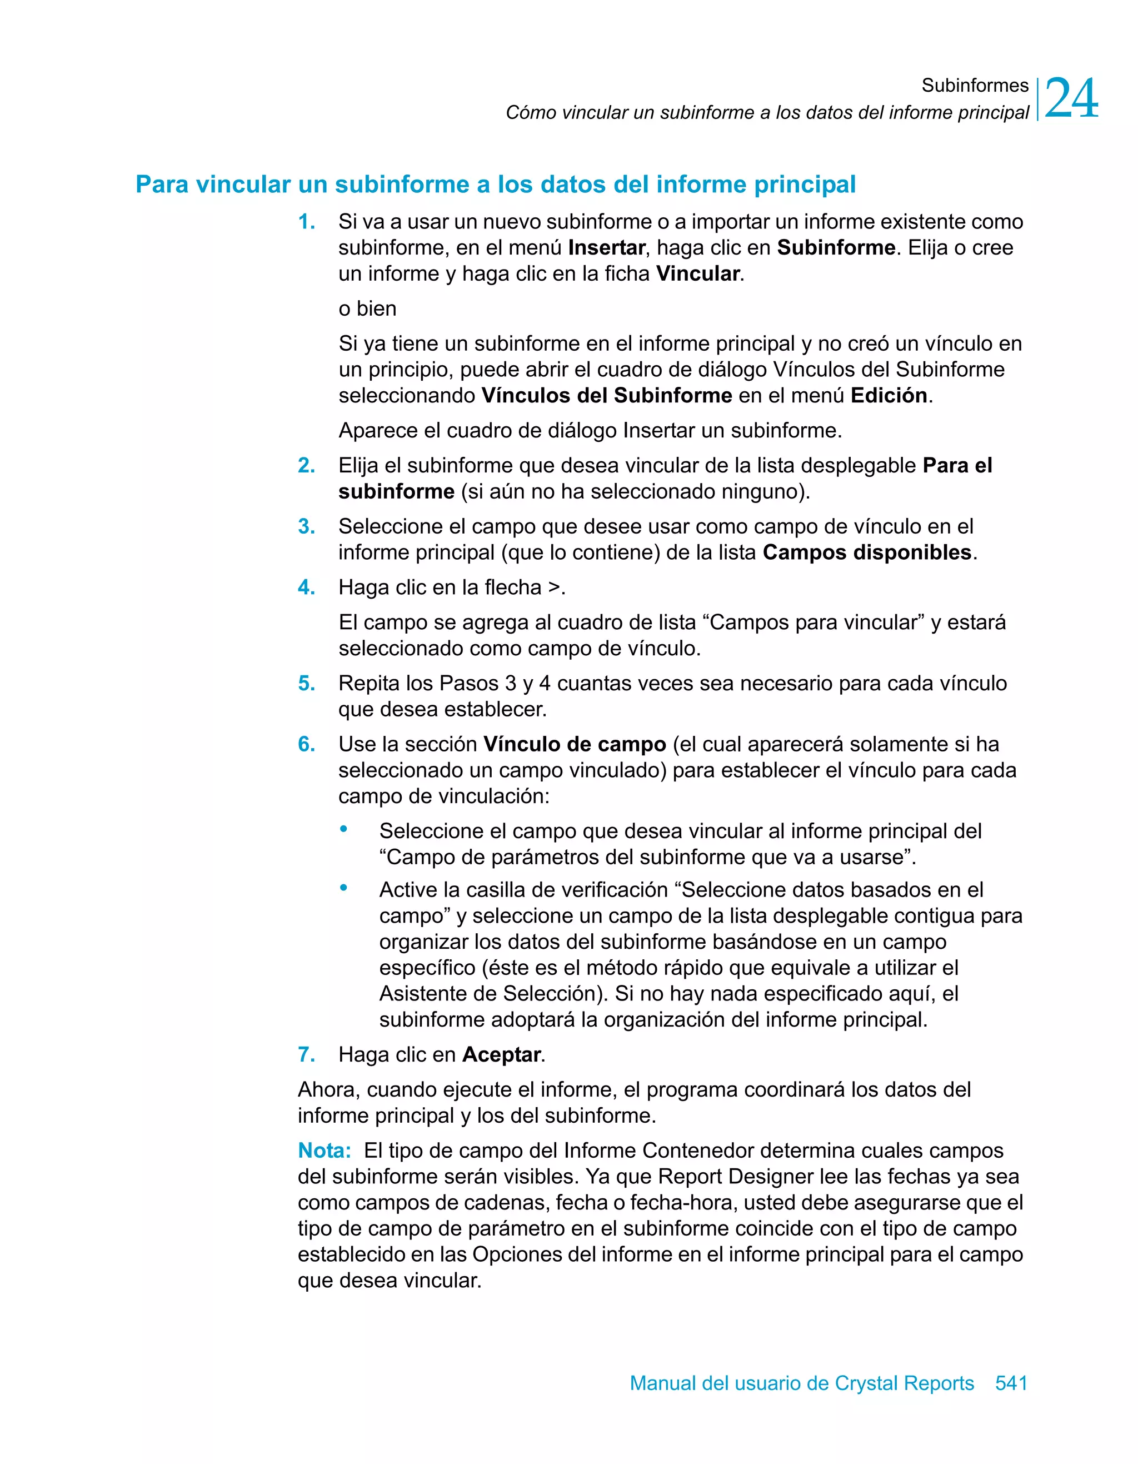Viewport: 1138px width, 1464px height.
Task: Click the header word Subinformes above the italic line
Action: [x=975, y=85]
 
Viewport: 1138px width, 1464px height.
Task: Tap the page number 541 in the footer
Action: [x=1011, y=1383]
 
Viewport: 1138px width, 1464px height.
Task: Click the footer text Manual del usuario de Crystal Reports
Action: [x=802, y=1383]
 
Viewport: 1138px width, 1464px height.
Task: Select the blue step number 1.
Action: [x=306, y=222]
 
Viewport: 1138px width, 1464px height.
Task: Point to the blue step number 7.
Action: [x=306, y=1054]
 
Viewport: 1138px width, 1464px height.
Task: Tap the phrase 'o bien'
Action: [x=367, y=309]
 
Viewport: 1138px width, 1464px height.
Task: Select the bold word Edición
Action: [x=889, y=396]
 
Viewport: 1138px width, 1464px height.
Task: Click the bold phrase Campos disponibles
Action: [x=867, y=553]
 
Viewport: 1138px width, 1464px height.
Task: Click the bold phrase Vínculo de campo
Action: [x=575, y=745]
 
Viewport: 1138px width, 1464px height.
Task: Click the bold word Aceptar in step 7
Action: [x=501, y=1054]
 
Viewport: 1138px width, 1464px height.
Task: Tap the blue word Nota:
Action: [x=325, y=1151]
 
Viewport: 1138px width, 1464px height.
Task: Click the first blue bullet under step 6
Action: [x=344, y=829]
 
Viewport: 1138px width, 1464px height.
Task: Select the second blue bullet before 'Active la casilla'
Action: [x=344, y=888]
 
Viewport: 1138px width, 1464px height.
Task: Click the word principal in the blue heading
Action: [x=804, y=185]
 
